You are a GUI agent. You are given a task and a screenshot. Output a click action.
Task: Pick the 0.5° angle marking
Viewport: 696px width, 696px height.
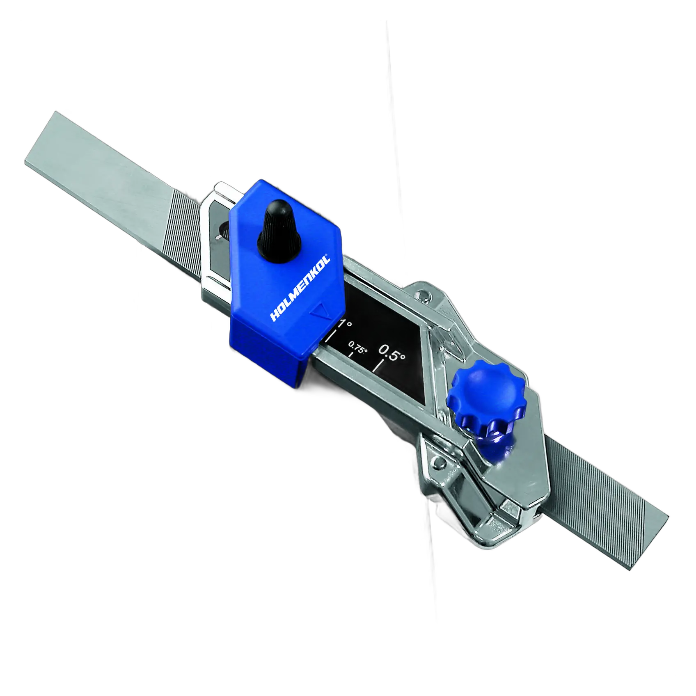click(392, 353)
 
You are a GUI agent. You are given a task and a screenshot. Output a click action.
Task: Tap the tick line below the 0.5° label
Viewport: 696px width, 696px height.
click(378, 366)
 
